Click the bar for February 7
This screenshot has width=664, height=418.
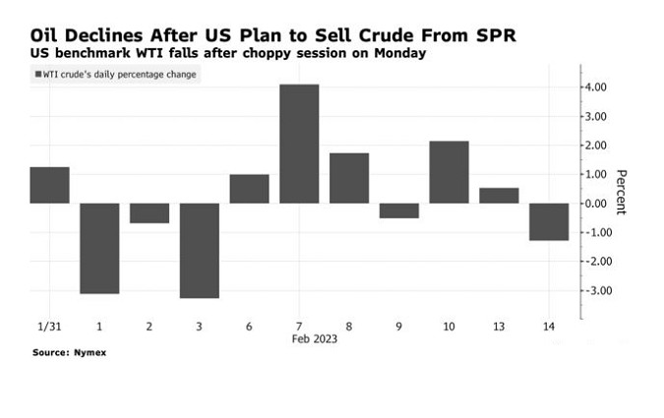click(299, 144)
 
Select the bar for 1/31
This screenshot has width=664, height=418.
click(49, 185)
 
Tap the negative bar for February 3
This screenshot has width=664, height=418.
click(199, 250)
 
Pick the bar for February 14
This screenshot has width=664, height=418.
click(549, 221)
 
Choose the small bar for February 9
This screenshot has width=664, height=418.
click(399, 210)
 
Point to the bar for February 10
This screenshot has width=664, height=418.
click(449, 172)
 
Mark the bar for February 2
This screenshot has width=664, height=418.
click(150, 213)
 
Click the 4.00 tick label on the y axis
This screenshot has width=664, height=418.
click(594, 88)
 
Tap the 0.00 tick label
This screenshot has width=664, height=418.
click(594, 204)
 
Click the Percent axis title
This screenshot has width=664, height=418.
click(621, 193)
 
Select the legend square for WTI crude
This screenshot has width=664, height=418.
click(38, 76)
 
